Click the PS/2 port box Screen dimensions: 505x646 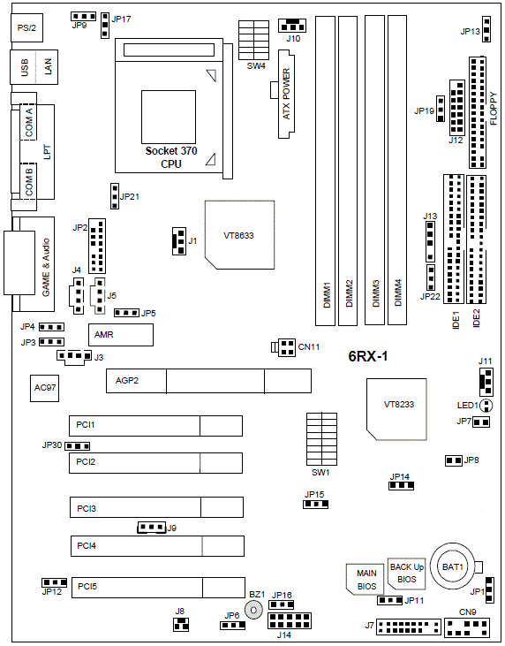click(x=27, y=27)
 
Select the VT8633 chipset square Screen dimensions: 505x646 click(x=239, y=235)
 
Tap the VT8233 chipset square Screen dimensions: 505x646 click(x=396, y=409)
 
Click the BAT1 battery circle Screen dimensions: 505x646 click(x=452, y=567)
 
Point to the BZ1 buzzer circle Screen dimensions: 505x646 click(x=253, y=610)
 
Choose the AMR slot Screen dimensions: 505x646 click(x=121, y=335)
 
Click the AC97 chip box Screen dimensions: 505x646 click(x=44, y=388)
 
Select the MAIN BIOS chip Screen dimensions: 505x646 click(x=366, y=579)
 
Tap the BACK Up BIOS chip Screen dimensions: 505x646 click(x=406, y=574)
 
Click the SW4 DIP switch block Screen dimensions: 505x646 click(x=254, y=41)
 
